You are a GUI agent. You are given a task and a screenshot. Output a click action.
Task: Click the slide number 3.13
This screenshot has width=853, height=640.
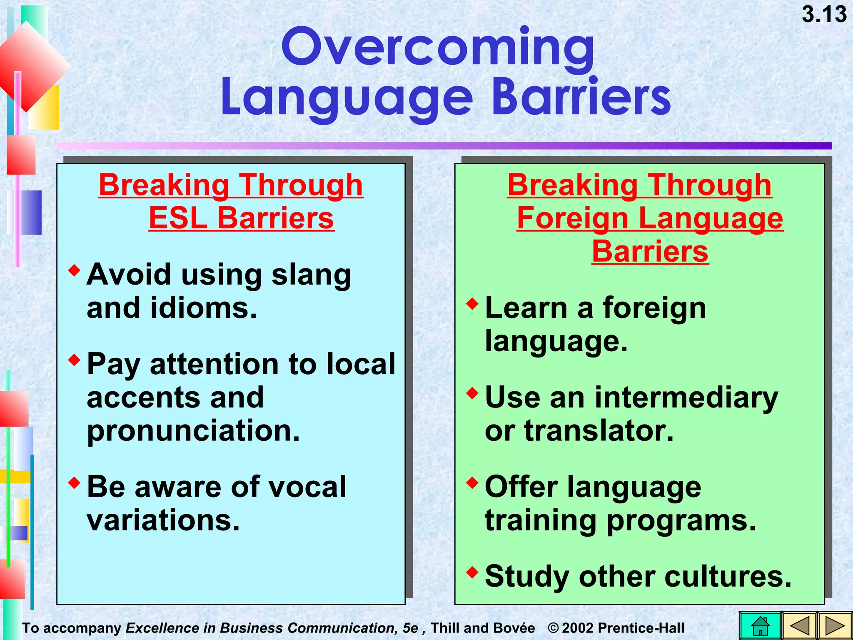click(x=824, y=15)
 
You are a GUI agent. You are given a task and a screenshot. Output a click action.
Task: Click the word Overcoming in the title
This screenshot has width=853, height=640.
click(x=438, y=48)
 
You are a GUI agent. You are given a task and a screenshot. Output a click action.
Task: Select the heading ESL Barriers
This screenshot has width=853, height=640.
click(x=241, y=218)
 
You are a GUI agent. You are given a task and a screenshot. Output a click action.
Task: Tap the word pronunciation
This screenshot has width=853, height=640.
click(x=193, y=431)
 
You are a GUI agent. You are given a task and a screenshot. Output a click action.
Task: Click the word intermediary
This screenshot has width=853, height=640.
click(x=686, y=397)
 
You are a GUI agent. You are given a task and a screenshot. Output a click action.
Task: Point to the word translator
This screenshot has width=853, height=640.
click(x=599, y=431)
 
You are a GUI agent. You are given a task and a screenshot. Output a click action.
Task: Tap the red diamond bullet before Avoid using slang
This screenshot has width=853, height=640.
click(x=75, y=270)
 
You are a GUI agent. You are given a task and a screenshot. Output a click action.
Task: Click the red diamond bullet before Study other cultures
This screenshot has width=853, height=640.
click(x=472, y=572)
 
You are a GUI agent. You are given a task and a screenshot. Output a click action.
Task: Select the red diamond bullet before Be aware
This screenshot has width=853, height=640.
click(x=75, y=483)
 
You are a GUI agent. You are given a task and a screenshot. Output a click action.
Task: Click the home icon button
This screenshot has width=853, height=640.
click(x=761, y=626)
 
